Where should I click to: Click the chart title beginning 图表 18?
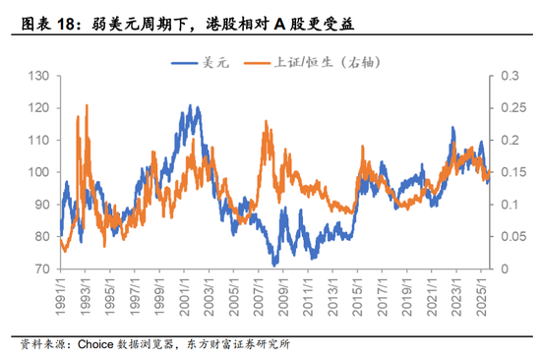[177, 21]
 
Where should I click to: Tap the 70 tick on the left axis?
[42, 269]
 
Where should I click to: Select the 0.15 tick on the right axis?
[512, 172]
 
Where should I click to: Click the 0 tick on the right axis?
[504, 269]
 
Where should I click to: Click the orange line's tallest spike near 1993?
[87, 104]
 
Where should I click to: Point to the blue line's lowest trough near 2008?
[275, 264]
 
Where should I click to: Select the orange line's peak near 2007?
[266, 122]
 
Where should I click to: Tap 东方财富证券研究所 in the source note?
[236, 344]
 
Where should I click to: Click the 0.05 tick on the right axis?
[512, 236]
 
